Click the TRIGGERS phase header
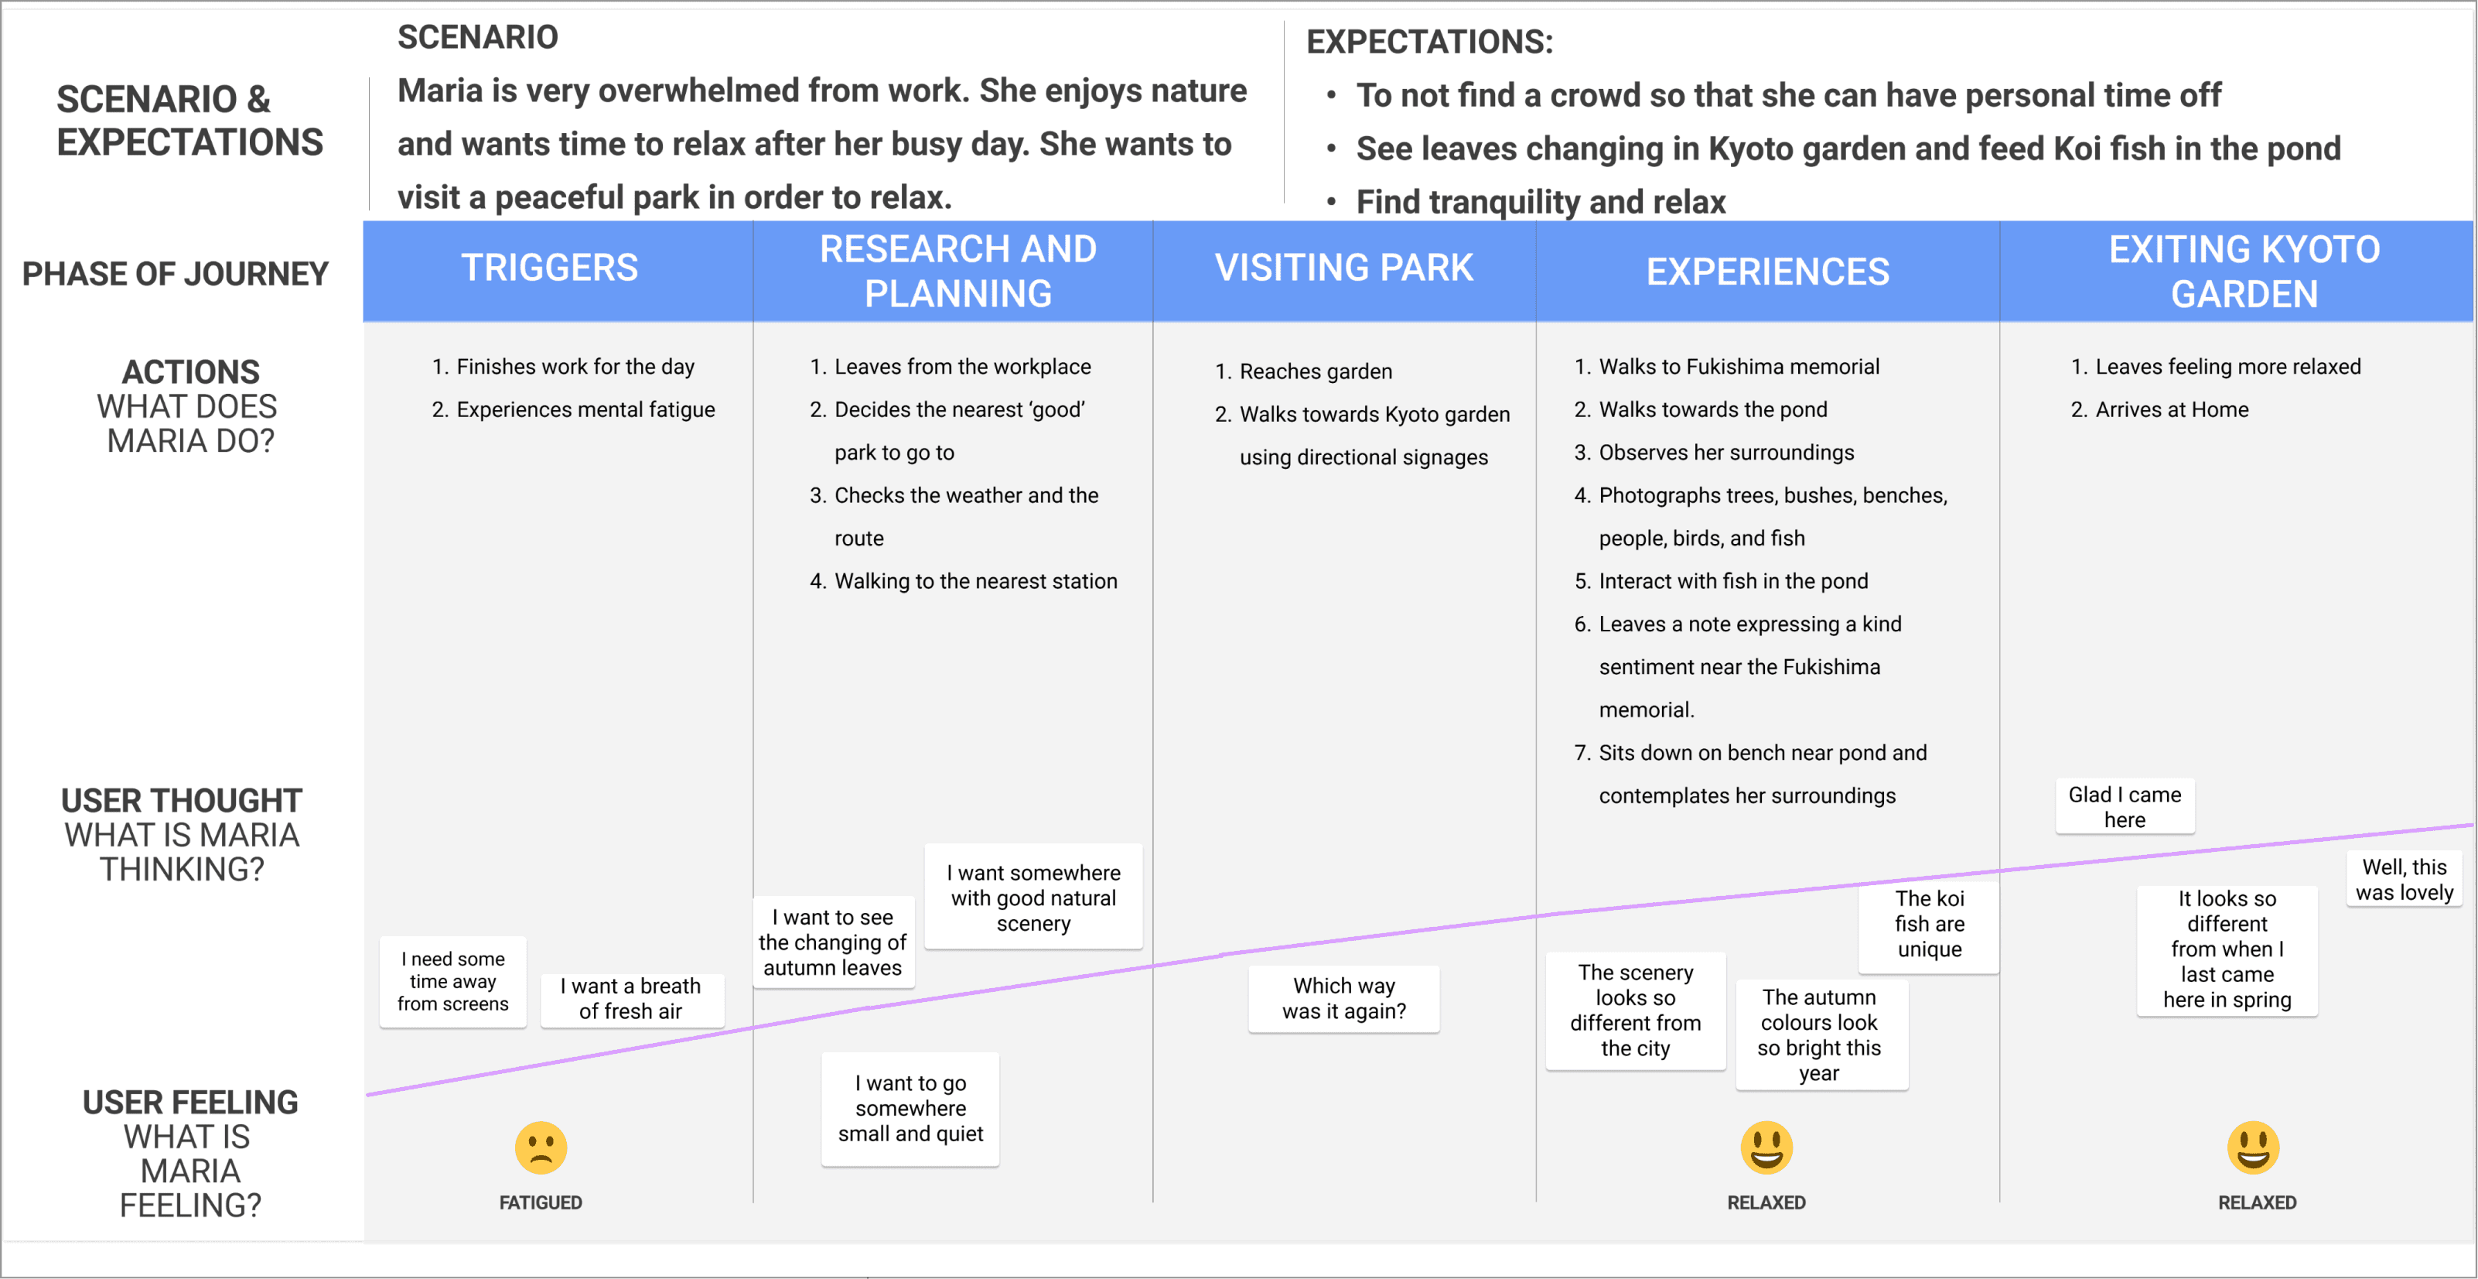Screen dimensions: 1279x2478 coord(549,268)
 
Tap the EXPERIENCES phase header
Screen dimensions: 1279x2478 coord(1767,272)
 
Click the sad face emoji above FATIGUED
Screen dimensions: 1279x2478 coord(541,1147)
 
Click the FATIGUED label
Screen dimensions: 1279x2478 coord(541,1202)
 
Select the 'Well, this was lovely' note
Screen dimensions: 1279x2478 coord(2403,880)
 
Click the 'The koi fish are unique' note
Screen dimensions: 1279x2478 coord(1929,924)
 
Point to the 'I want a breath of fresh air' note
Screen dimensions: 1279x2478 coord(630,998)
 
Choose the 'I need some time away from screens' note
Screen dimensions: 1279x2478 coord(452,980)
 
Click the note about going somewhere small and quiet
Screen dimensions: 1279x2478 coord(910,1108)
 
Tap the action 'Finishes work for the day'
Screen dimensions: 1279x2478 coord(575,367)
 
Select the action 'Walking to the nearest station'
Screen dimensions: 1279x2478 coord(974,581)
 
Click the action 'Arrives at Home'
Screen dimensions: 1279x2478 coord(2171,410)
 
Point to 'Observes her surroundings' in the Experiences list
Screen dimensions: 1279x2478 coord(1725,453)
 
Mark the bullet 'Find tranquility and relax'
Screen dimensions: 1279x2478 coord(1540,202)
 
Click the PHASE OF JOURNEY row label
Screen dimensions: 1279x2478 coord(175,273)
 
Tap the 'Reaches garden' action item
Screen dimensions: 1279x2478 coord(1315,371)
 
